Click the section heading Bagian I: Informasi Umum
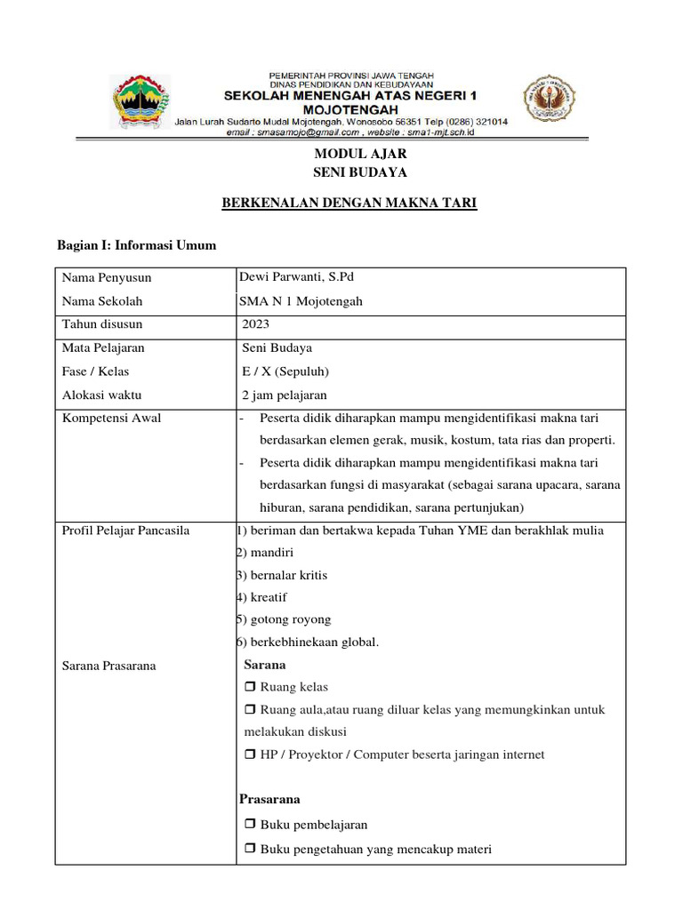(136, 245)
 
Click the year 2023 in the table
(255, 324)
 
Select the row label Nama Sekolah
(101, 301)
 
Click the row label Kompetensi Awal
(111, 418)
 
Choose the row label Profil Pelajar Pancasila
(125, 531)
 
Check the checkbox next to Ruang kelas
(249, 687)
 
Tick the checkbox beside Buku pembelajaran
(249, 825)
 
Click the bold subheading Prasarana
(269, 799)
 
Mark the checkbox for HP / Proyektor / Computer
(249, 754)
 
